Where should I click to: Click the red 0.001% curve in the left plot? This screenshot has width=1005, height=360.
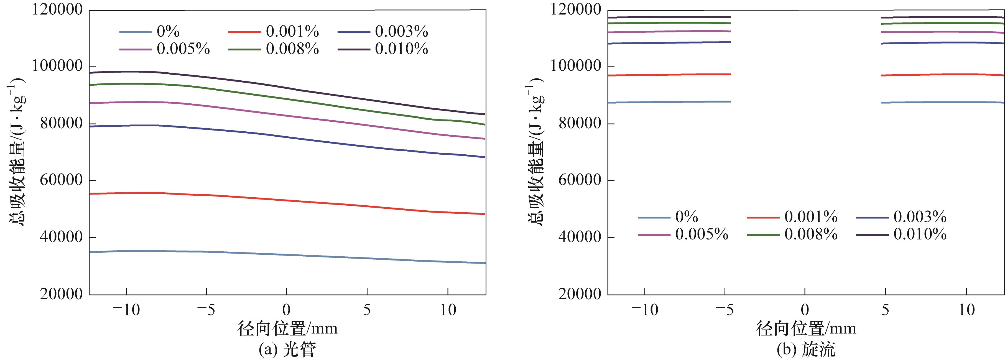click(x=287, y=200)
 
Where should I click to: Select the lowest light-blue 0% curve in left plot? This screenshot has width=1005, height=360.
click(x=287, y=255)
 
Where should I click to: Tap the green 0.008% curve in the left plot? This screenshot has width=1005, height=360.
click(x=287, y=99)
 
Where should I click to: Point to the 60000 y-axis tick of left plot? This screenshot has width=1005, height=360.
click(x=61, y=180)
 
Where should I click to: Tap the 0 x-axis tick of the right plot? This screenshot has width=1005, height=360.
click(x=805, y=310)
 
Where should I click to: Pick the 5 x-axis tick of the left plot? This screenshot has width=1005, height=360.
click(x=367, y=310)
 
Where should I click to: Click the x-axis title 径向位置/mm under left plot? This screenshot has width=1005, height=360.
click(x=287, y=329)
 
